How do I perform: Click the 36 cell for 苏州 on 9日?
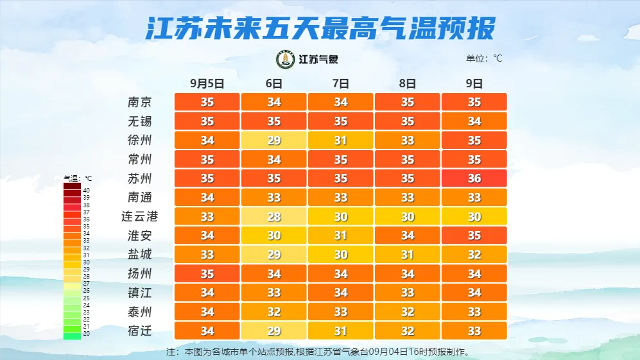pyautogui.click(x=474, y=178)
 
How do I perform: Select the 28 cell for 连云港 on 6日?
pyautogui.click(x=274, y=216)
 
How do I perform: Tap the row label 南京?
pyautogui.click(x=139, y=102)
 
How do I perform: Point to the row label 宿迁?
pyautogui.click(x=139, y=331)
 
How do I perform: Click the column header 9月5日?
pyautogui.click(x=207, y=83)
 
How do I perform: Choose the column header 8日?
pyautogui.click(x=407, y=83)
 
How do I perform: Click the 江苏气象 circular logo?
pyautogui.click(x=285, y=59)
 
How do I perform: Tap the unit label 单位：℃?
pyautogui.click(x=484, y=58)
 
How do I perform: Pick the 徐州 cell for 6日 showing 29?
pyautogui.click(x=274, y=140)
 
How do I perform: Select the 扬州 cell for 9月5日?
pyautogui.click(x=207, y=274)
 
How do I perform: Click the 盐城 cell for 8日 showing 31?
pyautogui.click(x=407, y=255)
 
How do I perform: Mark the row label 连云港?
pyautogui.click(x=139, y=216)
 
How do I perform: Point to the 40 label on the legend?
pyautogui.click(x=86, y=191)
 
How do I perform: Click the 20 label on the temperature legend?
pyautogui.click(x=86, y=334)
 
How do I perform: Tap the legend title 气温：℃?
pyautogui.click(x=78, y=178)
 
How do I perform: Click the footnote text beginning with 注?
pyautogui.click(x=317, y=352)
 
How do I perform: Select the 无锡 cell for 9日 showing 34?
pyautogui.click(x=474, y=121)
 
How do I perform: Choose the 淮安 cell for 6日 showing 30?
pyautogui.click(x=274, y=236)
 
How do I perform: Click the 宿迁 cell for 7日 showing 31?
pyautogui.click(x=341, y=331)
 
